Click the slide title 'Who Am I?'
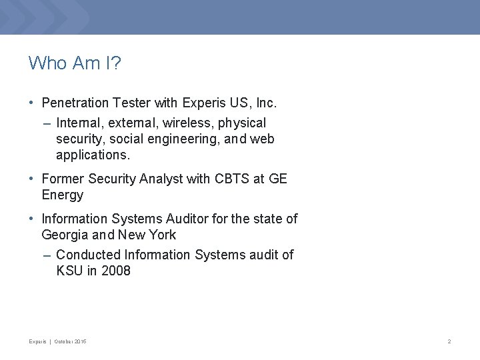[x=74, y=64]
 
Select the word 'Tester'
[x=131, y=103]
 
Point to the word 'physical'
[x=243, y=123]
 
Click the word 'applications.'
[x=93, y=155]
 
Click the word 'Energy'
[x=62, y=195]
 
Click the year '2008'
[x=116, y=271]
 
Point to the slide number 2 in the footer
[x=449, y=342]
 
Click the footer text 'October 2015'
[x=70, y=342]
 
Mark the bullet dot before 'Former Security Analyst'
[x=32, y=179]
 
